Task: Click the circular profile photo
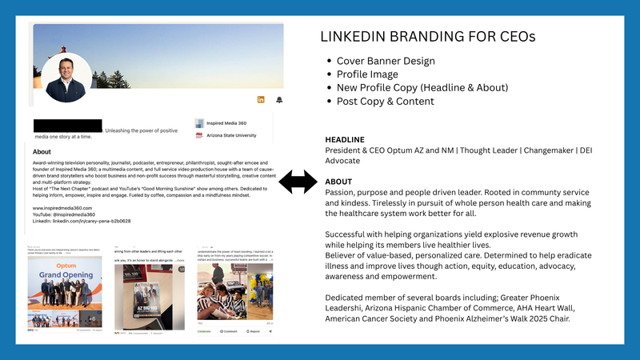66,78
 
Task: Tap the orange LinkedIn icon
261,99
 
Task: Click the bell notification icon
279,99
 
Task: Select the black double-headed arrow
298,183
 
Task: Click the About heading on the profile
42,151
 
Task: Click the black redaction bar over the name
68,126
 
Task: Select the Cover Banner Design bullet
386,61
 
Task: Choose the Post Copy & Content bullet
386,102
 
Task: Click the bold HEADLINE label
345,139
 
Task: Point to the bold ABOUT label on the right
339,181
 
